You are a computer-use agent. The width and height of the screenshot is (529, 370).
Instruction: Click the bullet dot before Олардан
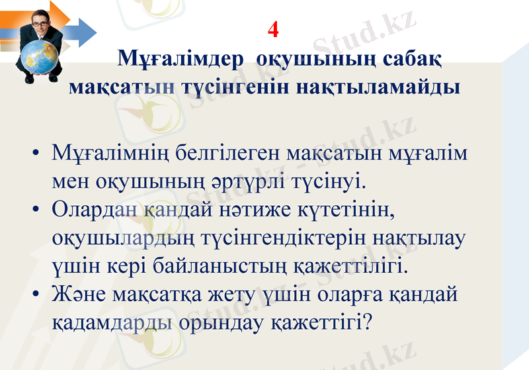[36, 210]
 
